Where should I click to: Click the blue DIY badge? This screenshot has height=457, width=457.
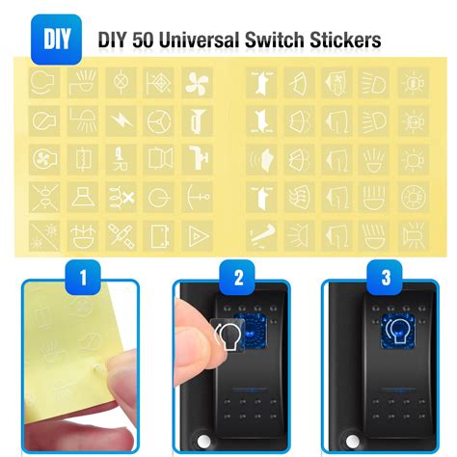point(56,40)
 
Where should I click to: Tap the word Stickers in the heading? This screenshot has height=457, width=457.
point(345,40)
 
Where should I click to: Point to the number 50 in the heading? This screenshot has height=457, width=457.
point(142,40)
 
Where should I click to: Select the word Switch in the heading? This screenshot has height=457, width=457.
point(274,40)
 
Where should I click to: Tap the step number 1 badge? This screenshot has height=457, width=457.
point(83,278)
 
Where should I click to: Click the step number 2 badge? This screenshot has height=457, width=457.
point(238,278)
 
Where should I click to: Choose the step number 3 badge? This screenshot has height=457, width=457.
point(386,278)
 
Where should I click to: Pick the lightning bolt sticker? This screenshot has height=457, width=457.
point(121,121)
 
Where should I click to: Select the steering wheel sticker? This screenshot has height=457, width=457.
point(159,121)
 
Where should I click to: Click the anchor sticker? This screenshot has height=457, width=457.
point(197,197)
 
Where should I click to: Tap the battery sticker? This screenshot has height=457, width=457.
point(159,235)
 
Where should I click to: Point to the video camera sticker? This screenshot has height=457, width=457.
point(159,159)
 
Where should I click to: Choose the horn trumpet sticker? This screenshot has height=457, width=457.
point(197,121)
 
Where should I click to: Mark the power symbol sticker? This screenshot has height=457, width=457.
point(159,197)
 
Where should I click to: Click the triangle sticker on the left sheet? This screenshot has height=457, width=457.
point(197,235)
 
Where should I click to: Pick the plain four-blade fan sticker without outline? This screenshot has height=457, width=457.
point(197,83)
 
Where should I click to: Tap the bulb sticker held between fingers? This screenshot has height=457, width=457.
point(228,336)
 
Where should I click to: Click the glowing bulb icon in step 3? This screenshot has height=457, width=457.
point(397,332)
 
